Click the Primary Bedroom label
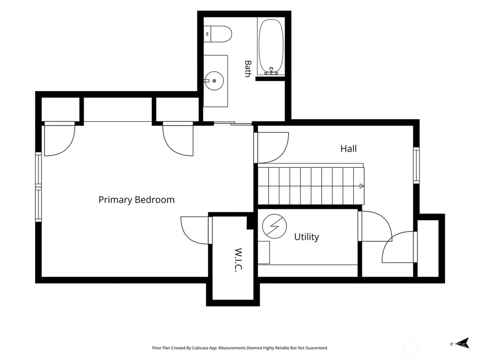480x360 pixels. [136, 200]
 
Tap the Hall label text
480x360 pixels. [348, 149]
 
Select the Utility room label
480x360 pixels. [307, 237]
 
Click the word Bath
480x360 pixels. [248, 68]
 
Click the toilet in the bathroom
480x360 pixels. [218, 34]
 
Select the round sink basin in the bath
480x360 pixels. [214, 81]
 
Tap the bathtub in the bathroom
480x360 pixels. [271, 46]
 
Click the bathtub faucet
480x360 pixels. [271, 71]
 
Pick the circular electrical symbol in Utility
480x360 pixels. [275, 226]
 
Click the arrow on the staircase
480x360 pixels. [361, 186]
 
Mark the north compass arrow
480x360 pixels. [464, 343]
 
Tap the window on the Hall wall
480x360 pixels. [416, 165]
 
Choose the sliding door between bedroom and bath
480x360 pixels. [233, 123]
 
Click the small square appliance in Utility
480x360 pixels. [263, 253]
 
